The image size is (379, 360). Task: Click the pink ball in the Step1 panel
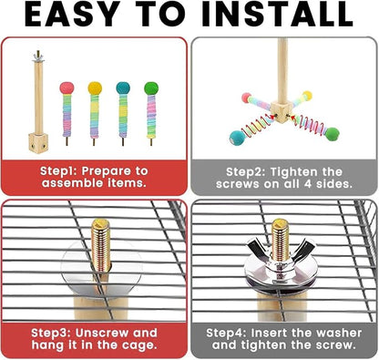point(67,87)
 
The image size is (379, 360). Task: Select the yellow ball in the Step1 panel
point(95,87)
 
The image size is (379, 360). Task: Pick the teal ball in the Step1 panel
point(123,87)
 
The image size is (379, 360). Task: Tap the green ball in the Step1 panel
point(151,88)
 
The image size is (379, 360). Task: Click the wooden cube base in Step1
point(38,143)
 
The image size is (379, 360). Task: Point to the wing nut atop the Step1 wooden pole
point(38,57)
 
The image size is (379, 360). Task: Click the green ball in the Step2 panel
point(333,134)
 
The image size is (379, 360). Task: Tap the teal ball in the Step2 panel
point(236,138)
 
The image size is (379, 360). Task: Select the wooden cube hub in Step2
point(282,111)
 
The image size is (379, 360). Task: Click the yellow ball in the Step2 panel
point(307,96)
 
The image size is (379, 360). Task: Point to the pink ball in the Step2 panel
point(246,98)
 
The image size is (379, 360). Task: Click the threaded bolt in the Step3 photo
point(100,245)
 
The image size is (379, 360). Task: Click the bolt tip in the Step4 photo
point(281,223)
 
